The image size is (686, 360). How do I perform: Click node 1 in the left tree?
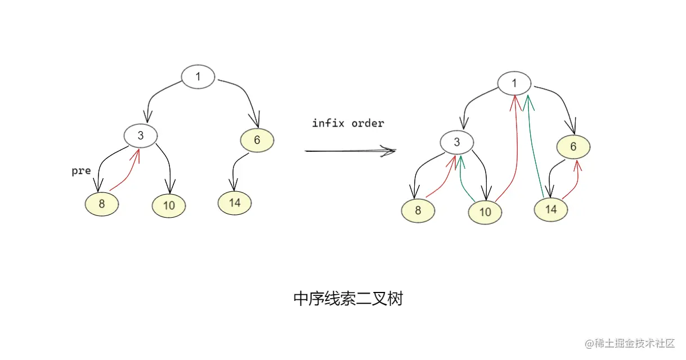(198, 77)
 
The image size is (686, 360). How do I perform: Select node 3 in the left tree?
(141, 136)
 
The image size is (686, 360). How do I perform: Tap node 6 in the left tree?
(257, 141)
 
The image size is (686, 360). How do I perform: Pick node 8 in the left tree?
(102, 204)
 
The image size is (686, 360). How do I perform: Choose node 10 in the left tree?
(169, 206)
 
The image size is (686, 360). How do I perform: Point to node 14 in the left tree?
(235, 202)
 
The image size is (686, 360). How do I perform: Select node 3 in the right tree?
(456, 143)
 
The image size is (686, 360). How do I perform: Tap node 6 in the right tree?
(573, 147)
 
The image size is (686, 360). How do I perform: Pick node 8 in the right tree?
(418, 211)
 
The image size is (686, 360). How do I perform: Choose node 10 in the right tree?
(485, 213)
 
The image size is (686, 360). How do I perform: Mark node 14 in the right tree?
(551, 209)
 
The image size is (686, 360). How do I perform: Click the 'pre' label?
(81, 171)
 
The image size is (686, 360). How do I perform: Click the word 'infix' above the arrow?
(328, 123)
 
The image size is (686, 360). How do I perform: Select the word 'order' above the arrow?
(367, 123)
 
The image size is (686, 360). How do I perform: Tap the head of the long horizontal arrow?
(389, 150)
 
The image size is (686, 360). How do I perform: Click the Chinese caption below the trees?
(348, 299)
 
